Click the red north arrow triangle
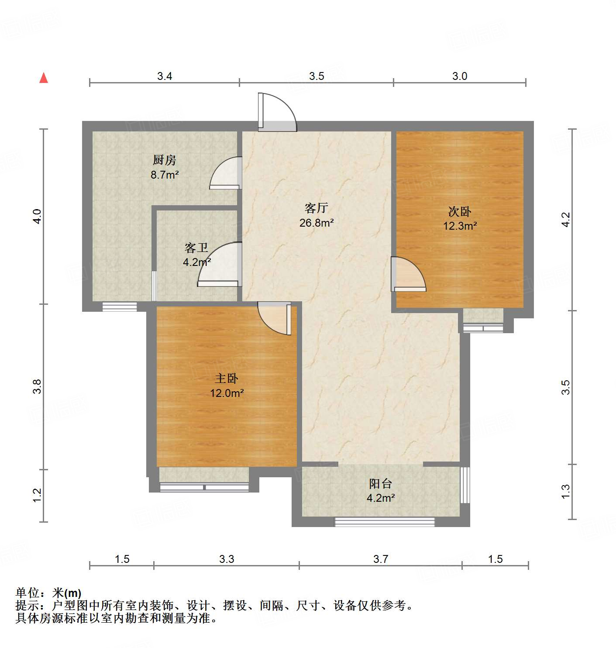[44, 78]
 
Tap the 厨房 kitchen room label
[165, 160]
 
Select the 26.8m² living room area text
[317, 223]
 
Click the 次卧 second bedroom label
[460, 212]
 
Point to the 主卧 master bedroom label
[227, 379]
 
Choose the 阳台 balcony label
[381, 484]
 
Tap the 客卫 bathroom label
[196, 248]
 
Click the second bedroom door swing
[408, 274]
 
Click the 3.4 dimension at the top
[165, 76]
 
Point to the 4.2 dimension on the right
[566, 219]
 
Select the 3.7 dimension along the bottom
[381, 559]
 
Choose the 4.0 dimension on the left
[38, 217]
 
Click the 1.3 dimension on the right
[566, 492]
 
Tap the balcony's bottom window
[385, 521]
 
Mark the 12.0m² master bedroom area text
[227, 393]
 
